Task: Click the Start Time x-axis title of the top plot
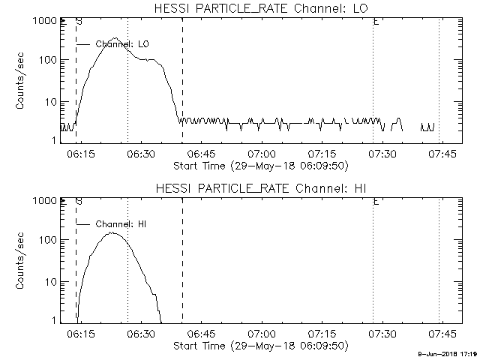[259, 165]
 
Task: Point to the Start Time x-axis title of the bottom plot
[259, 345]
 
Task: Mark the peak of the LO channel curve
[115, 38]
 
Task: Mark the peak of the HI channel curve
[112, 232]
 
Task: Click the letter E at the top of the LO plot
[375, 22]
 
